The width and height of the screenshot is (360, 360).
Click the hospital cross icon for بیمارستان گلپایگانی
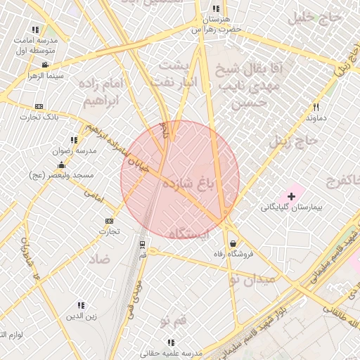pyautogui.click(x=292, y=194)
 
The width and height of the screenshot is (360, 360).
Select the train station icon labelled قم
pyautogui.click(x=143, y=244)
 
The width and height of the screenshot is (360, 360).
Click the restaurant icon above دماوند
pyautogui.click(x=316, y=107)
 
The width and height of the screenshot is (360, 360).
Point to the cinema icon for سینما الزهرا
pyautogui.click(x=45, y=65)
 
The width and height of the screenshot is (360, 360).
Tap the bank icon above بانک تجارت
pyautogui.click(x=39, y=106)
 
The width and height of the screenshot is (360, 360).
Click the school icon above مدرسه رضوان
pyautogui.click(x=74, y=140)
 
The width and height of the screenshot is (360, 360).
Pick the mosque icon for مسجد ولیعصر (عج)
pyautogui.click(x=62, y=165)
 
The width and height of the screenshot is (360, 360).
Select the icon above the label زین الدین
pyautogui.click(x=81, y=305)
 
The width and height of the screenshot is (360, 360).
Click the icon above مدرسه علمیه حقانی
pyautogui.click(x=170, y=342)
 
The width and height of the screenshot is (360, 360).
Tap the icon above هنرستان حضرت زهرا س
pyautogui.click(x=215, y=9)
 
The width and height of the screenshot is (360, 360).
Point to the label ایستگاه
pyautogui.click(x=190, y=234)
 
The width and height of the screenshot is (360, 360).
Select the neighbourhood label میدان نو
pyautogui.click(x=252, y=279)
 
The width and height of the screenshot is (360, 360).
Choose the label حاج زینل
pyautogui.click(x=298, y=141)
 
